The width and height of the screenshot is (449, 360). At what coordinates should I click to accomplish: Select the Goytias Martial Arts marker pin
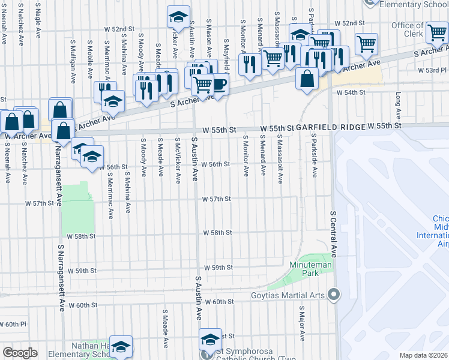tap(334, 294)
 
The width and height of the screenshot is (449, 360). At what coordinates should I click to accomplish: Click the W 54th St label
tap(351, 92)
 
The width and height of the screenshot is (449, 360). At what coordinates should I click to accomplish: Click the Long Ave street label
tap(398, 106)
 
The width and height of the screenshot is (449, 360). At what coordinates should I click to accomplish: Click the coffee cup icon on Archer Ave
tap(220, 83)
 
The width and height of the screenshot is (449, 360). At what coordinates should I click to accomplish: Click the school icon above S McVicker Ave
tap(178, 17)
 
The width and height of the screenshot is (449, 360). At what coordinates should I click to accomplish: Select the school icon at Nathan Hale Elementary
tap(121, 346)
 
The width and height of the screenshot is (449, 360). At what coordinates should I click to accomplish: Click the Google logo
tap(19, 353)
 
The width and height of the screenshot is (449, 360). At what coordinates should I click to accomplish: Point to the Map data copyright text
tap(424, 355)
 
